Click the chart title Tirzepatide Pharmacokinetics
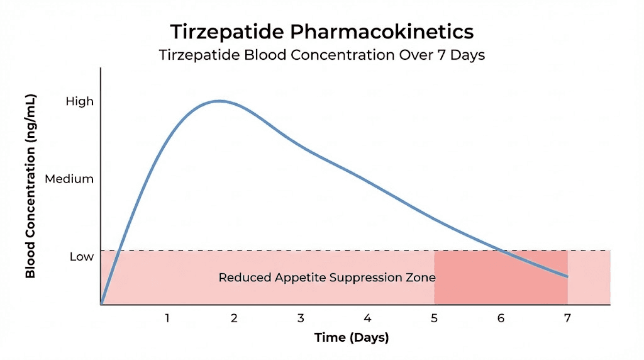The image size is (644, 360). click(321, 31)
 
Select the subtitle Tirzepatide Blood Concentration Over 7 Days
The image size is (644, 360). click(321, 54)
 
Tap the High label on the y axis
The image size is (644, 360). click(79, 101)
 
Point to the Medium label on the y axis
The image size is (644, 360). click(69, 179)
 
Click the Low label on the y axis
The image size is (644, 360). click(81, 257)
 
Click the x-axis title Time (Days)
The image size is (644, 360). click(352, 337)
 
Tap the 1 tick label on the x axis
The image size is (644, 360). click(167, 318)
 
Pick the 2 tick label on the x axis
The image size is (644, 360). click(234, 318)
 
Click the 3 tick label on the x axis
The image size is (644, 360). click(301, 318)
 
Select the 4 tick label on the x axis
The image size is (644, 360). click(367, 318)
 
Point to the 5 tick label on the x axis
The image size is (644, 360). click(434, 318)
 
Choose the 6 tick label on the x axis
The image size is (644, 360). click(501, 318)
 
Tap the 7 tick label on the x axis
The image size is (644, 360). click(567, 318)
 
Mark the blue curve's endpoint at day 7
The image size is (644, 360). click(567, 276)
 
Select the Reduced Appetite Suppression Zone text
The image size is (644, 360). click(327, 277)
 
